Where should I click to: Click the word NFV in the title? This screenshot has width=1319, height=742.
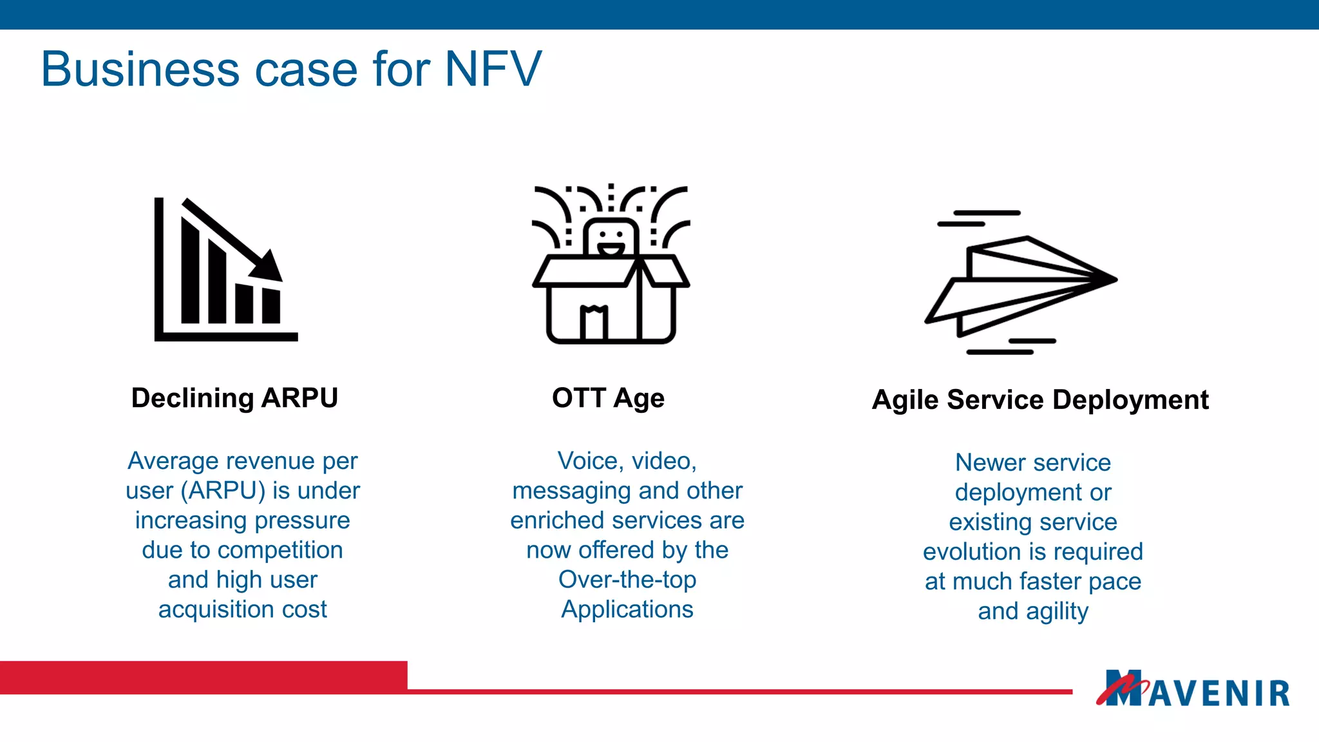tap(493, 69)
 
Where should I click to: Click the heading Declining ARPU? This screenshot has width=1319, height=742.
tap(234, 398)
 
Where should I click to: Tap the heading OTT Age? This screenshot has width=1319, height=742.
tap(608, 398)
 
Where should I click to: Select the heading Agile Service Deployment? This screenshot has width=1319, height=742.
tap(1039, 400)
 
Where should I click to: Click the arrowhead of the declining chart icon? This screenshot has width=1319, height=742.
tap(269, 265)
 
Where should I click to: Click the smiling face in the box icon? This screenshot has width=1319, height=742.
tap(610, 238)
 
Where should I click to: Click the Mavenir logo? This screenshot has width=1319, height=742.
tap(1193, 690)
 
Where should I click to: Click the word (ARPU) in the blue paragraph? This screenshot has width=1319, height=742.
tap(223, 491)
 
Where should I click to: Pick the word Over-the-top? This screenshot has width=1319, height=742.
tap(627, 580)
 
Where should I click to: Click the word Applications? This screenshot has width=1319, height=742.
tap(627, 609)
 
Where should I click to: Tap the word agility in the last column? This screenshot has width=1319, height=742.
tap(1057, 611)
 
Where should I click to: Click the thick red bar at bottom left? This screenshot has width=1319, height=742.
tap(203, 677)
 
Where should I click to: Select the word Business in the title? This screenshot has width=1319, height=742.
tap(136, 69)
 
